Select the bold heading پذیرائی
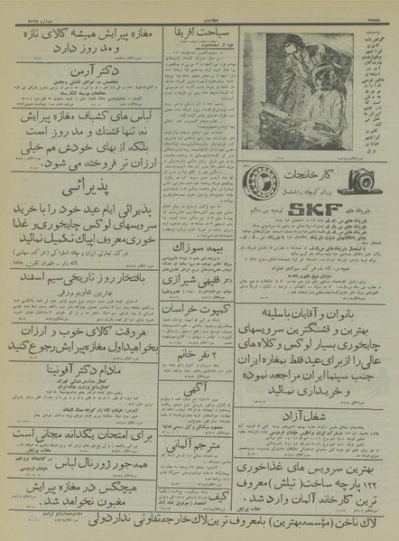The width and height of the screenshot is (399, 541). [x=78, y=191]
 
